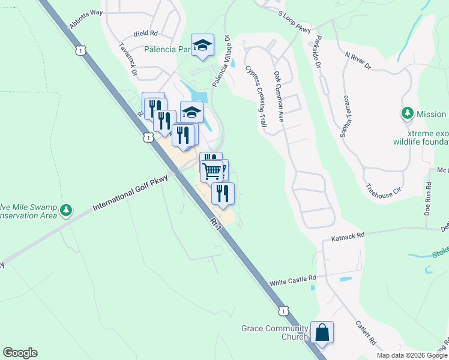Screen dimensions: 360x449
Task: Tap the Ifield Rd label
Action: coord(145,34)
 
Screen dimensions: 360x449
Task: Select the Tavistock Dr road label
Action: coord(128,58)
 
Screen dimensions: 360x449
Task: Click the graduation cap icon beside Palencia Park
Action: coord(203,45)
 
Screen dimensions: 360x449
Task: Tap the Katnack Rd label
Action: coord(348,238)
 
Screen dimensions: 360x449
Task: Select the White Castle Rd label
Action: coord(292,280)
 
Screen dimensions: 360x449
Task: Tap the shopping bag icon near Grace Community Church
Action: coord(322,332)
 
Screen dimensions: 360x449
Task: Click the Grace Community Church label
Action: coord(275,332)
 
